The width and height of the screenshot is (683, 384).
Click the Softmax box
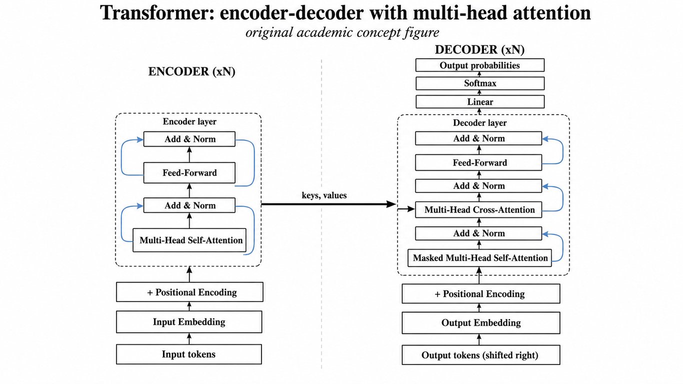click(480, 83)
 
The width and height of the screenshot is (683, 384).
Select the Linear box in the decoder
click(480, 101)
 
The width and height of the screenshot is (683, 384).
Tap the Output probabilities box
click(480, 65)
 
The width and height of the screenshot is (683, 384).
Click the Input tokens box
click(188, 354)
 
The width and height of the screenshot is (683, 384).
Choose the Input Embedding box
click(189, 322)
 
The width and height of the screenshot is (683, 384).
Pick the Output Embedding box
click(481, 322)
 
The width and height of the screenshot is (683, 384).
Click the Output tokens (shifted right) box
click(481, 355)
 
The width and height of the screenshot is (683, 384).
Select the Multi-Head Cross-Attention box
click(478, 209)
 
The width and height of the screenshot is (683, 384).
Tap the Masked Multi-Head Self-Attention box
click(479, 258)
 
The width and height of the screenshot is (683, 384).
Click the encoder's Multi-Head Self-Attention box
click(189, 240)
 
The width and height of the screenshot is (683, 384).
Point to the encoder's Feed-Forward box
click(189, 172)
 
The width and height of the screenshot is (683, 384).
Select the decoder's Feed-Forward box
click(478, 162)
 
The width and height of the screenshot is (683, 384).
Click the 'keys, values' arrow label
click(324, 195)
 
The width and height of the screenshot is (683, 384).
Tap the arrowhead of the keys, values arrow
click(392, 204)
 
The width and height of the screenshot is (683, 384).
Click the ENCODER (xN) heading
click(192, 71)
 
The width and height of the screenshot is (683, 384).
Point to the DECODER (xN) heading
click(479, 49)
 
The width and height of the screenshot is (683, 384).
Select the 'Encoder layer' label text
click(189, 121)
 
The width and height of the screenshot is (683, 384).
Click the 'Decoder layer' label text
click(479, 122)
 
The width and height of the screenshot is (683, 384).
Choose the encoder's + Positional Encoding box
click(189, 292)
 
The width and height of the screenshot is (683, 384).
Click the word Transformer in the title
click(157, 13)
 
